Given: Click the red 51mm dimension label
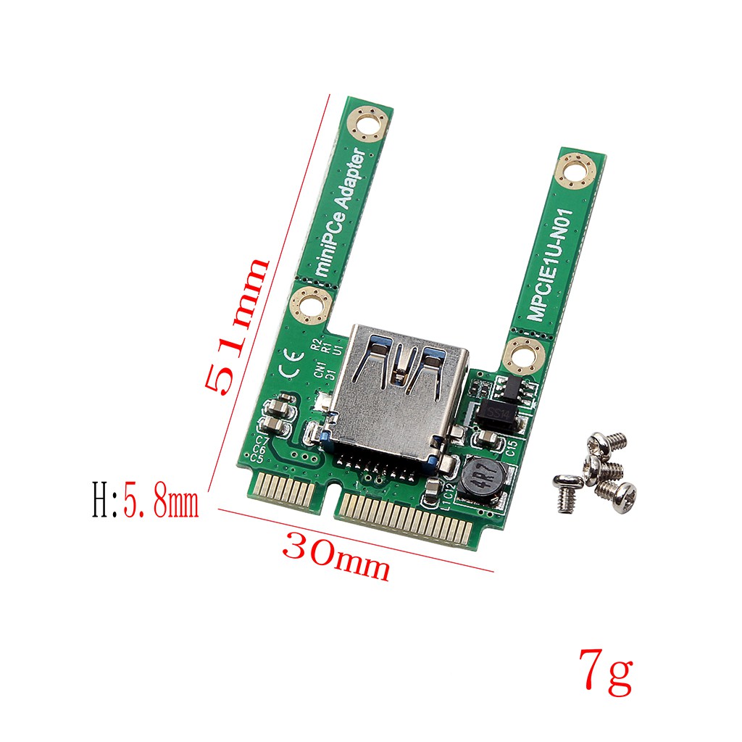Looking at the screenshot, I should tap(237, 326).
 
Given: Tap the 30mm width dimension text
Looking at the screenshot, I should tap(336, 554).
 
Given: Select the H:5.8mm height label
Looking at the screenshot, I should tap(146, 502).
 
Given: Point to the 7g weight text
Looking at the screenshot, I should tap(606, 672).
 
